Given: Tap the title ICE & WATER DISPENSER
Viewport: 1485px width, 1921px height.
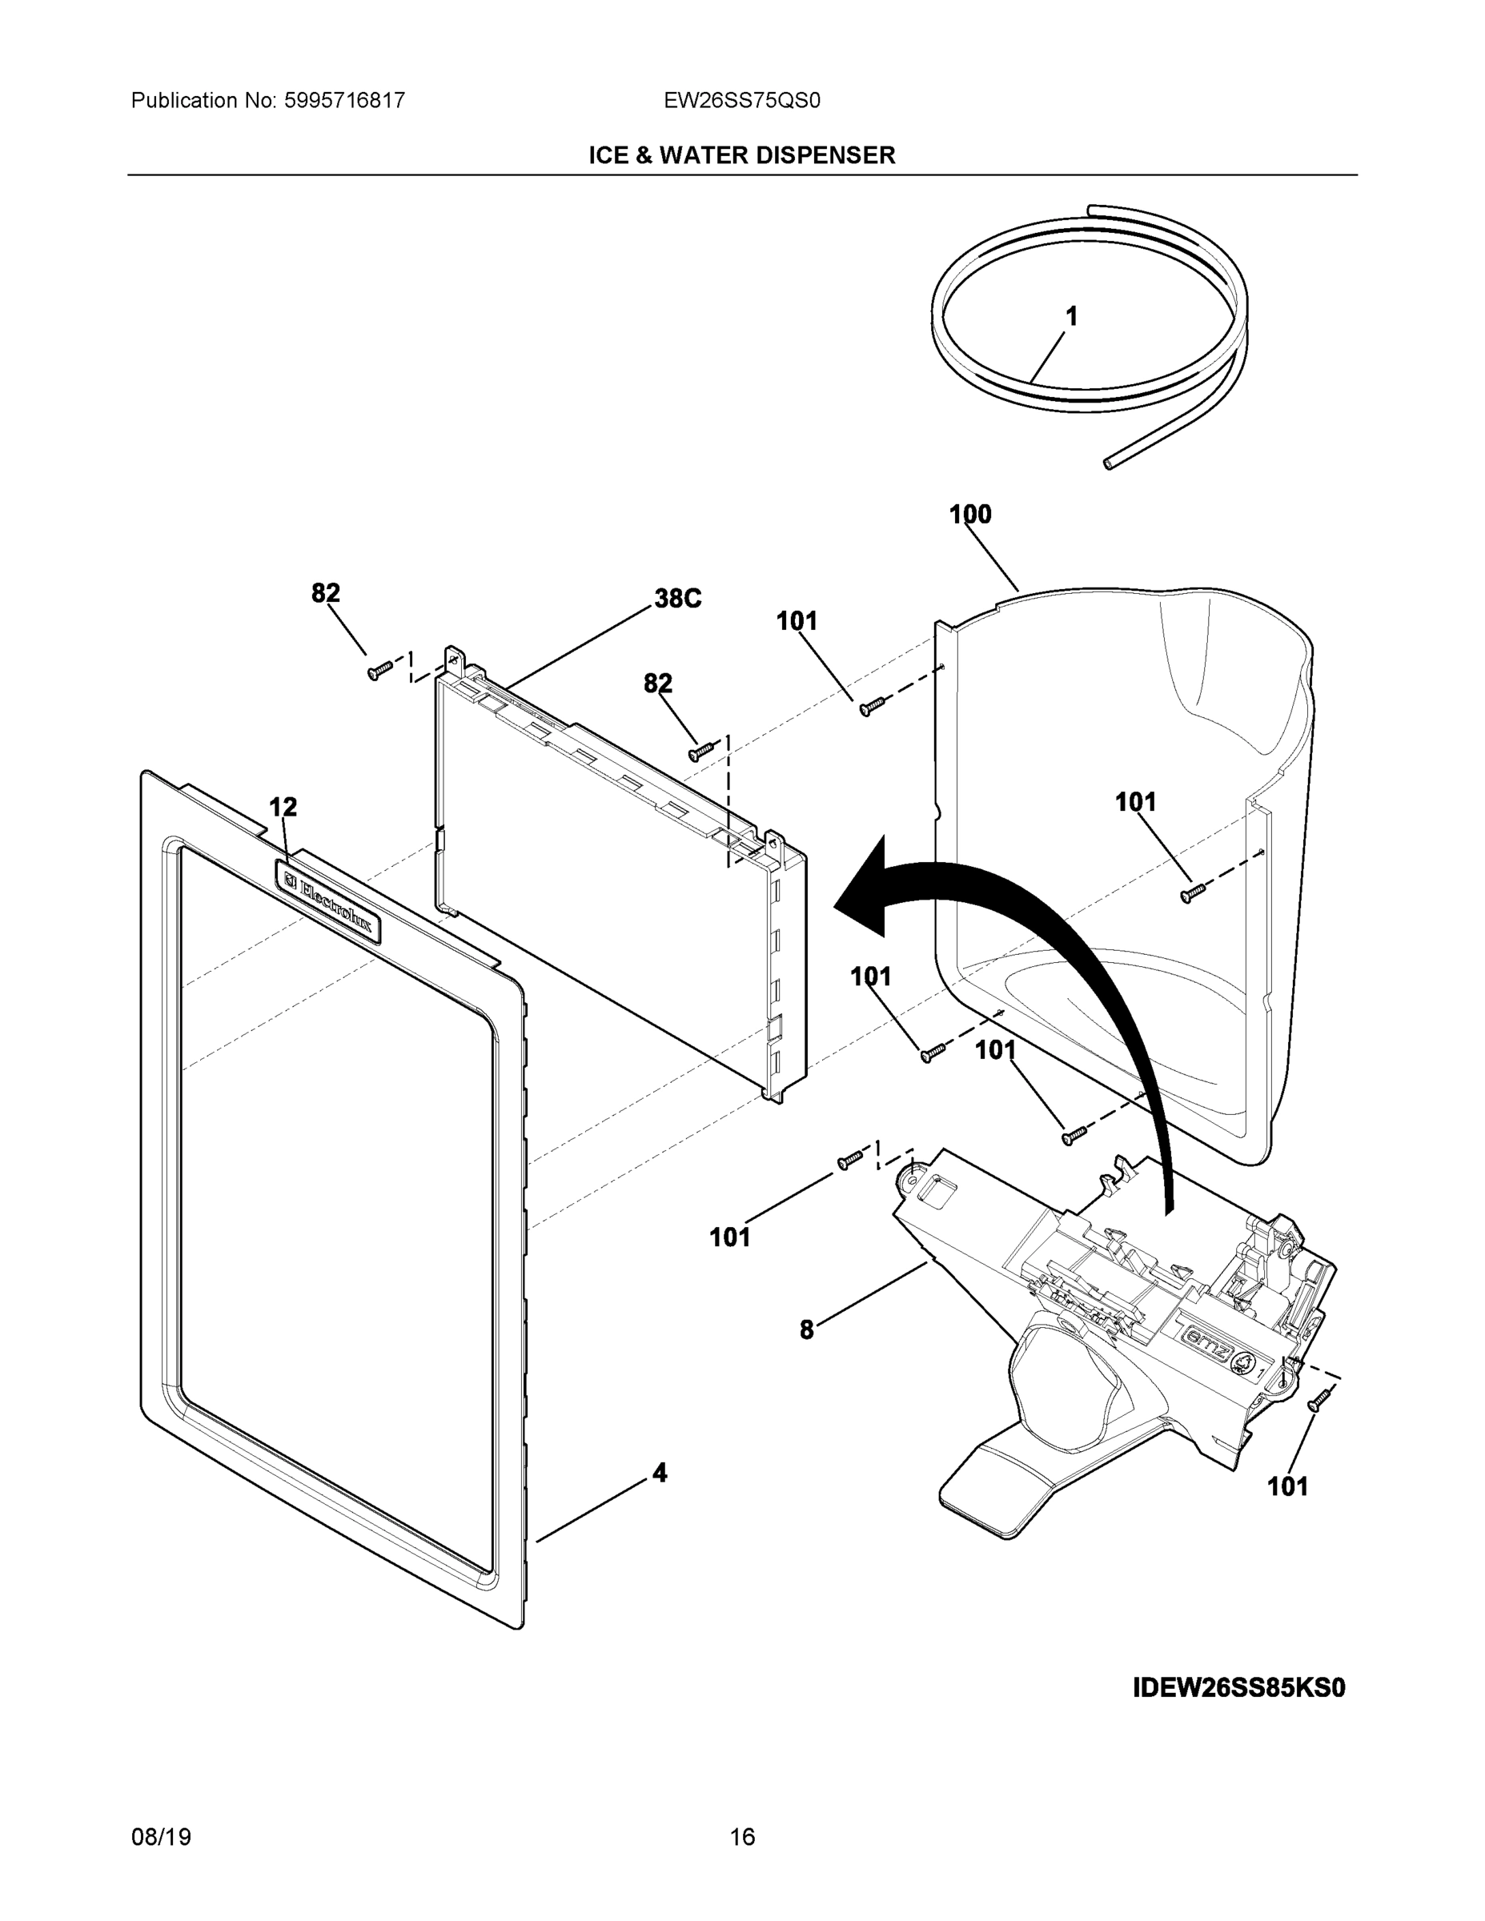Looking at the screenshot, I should click(741, 156).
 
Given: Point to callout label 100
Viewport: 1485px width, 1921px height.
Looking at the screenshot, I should click(970, 515).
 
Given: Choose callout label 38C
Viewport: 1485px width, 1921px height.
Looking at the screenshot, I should click(677, 599).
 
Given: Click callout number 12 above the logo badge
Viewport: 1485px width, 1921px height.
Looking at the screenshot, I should click(283, 807).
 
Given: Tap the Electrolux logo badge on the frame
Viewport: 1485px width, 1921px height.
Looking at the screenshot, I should click(328, 901).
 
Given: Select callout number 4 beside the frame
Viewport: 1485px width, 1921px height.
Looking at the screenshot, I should click(660, 1473).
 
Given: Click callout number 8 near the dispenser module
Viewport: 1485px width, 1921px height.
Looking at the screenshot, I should click(807, 1331).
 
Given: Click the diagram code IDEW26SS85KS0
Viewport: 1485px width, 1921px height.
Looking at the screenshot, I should click(1238, 1689).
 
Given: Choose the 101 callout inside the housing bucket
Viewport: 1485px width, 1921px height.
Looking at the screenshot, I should click(1136, 802).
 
